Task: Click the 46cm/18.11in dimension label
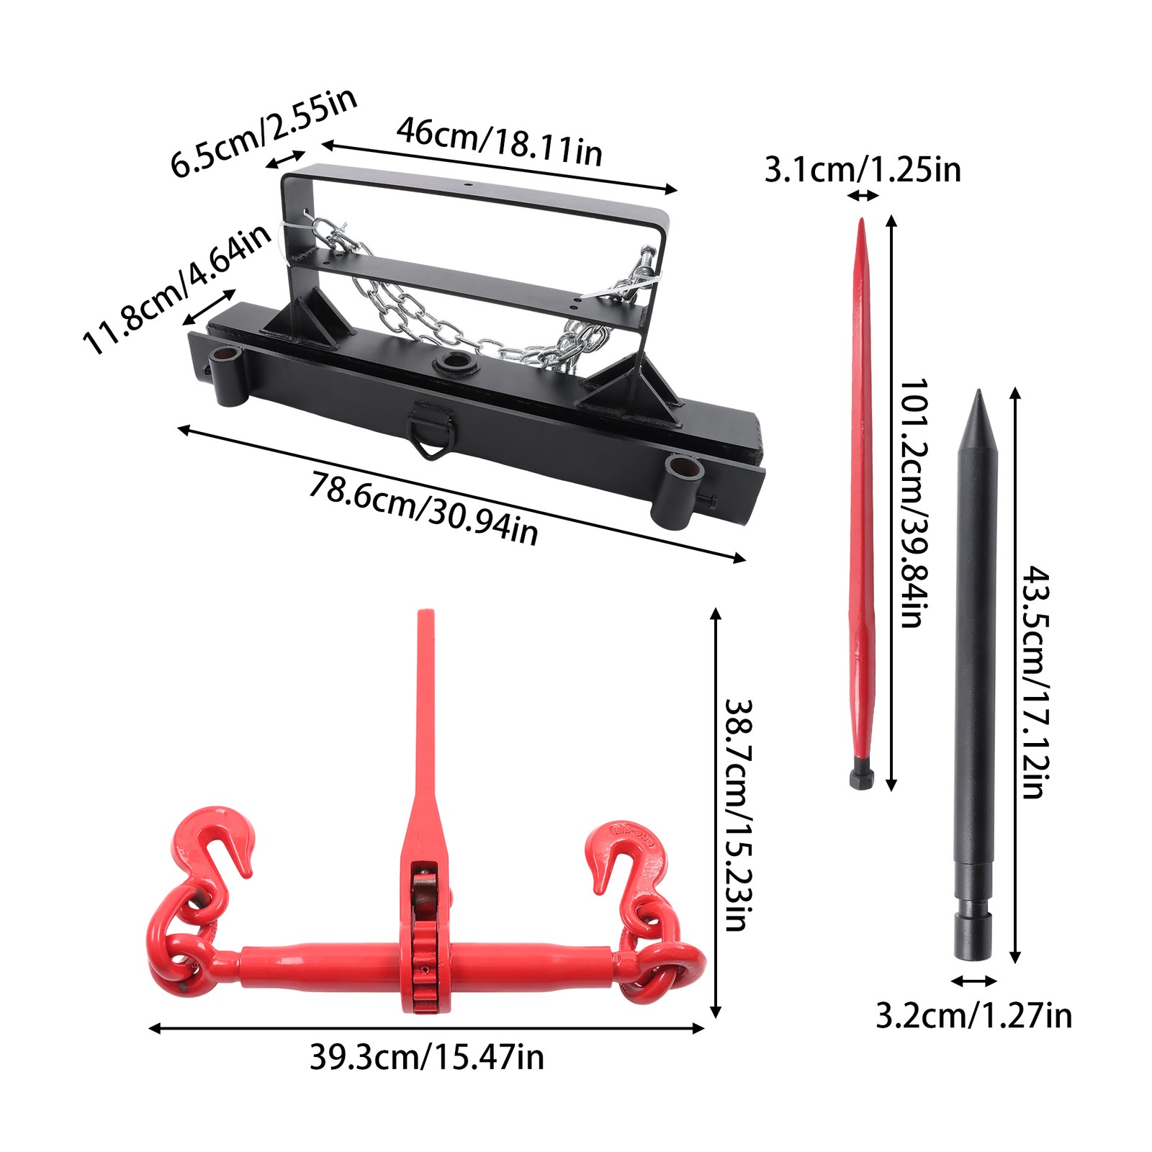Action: coord(500,141)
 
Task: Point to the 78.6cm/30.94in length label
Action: coord(423,508)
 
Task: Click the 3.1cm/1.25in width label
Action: coord(863,170)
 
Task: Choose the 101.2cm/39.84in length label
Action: coord(914,503)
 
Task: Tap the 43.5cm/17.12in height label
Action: coord(1036,682)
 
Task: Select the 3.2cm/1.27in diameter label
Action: coord(974,1016)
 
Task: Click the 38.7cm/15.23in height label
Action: coord(738,815)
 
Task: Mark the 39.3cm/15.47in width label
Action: coord(427,1057)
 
